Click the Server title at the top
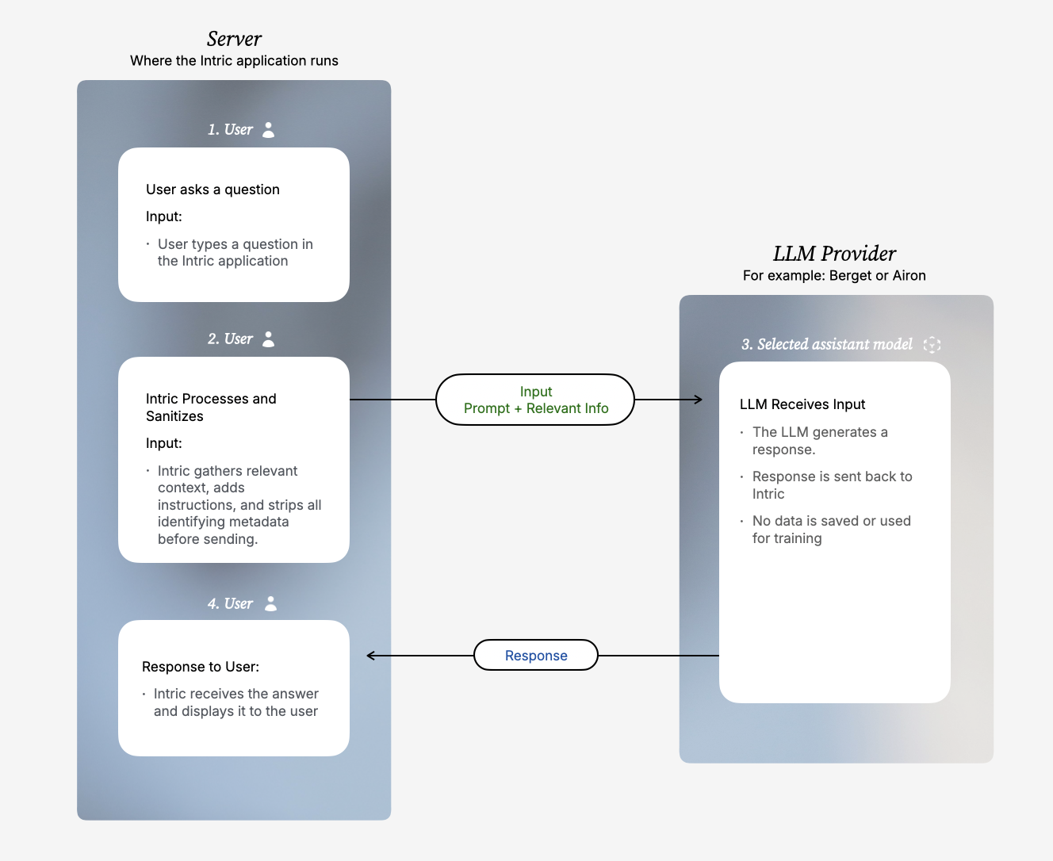pyautogui.click(x=234, y=39)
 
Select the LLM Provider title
pyautogui.click(x=834, y=254)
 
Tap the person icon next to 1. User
pyautogui.click(x=269, y=130)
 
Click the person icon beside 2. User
pyautogui.click(x=269, y=339)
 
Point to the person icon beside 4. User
pyautogui.click(x=271, y=603)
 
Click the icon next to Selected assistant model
pyautogui.click(x=932, y=345)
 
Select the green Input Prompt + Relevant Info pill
pyautogui.click(x=535, y=400)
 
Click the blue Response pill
pyautogui.click(x=536, y=656)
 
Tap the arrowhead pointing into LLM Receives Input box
pyautogui.click(x=698, y=400)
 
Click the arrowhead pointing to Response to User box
pyautogui.click(x=371, y=656)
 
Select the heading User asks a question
pyautogui.click(x=213, y=189)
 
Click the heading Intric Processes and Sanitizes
pyautogui.click(x=211, y=408)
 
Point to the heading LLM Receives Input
pyautogui.click(x=802, y=404)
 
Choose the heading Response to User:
pyautogui.click(x=201, y=667)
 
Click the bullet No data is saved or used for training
pyautogui.click(x=831, y=530)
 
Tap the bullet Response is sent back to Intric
pyautogui.click(x=832, y=485)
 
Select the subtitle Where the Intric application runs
pyautogui.click(x=234, y=61)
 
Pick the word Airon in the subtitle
pyautogui.click(x=909, y=276)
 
